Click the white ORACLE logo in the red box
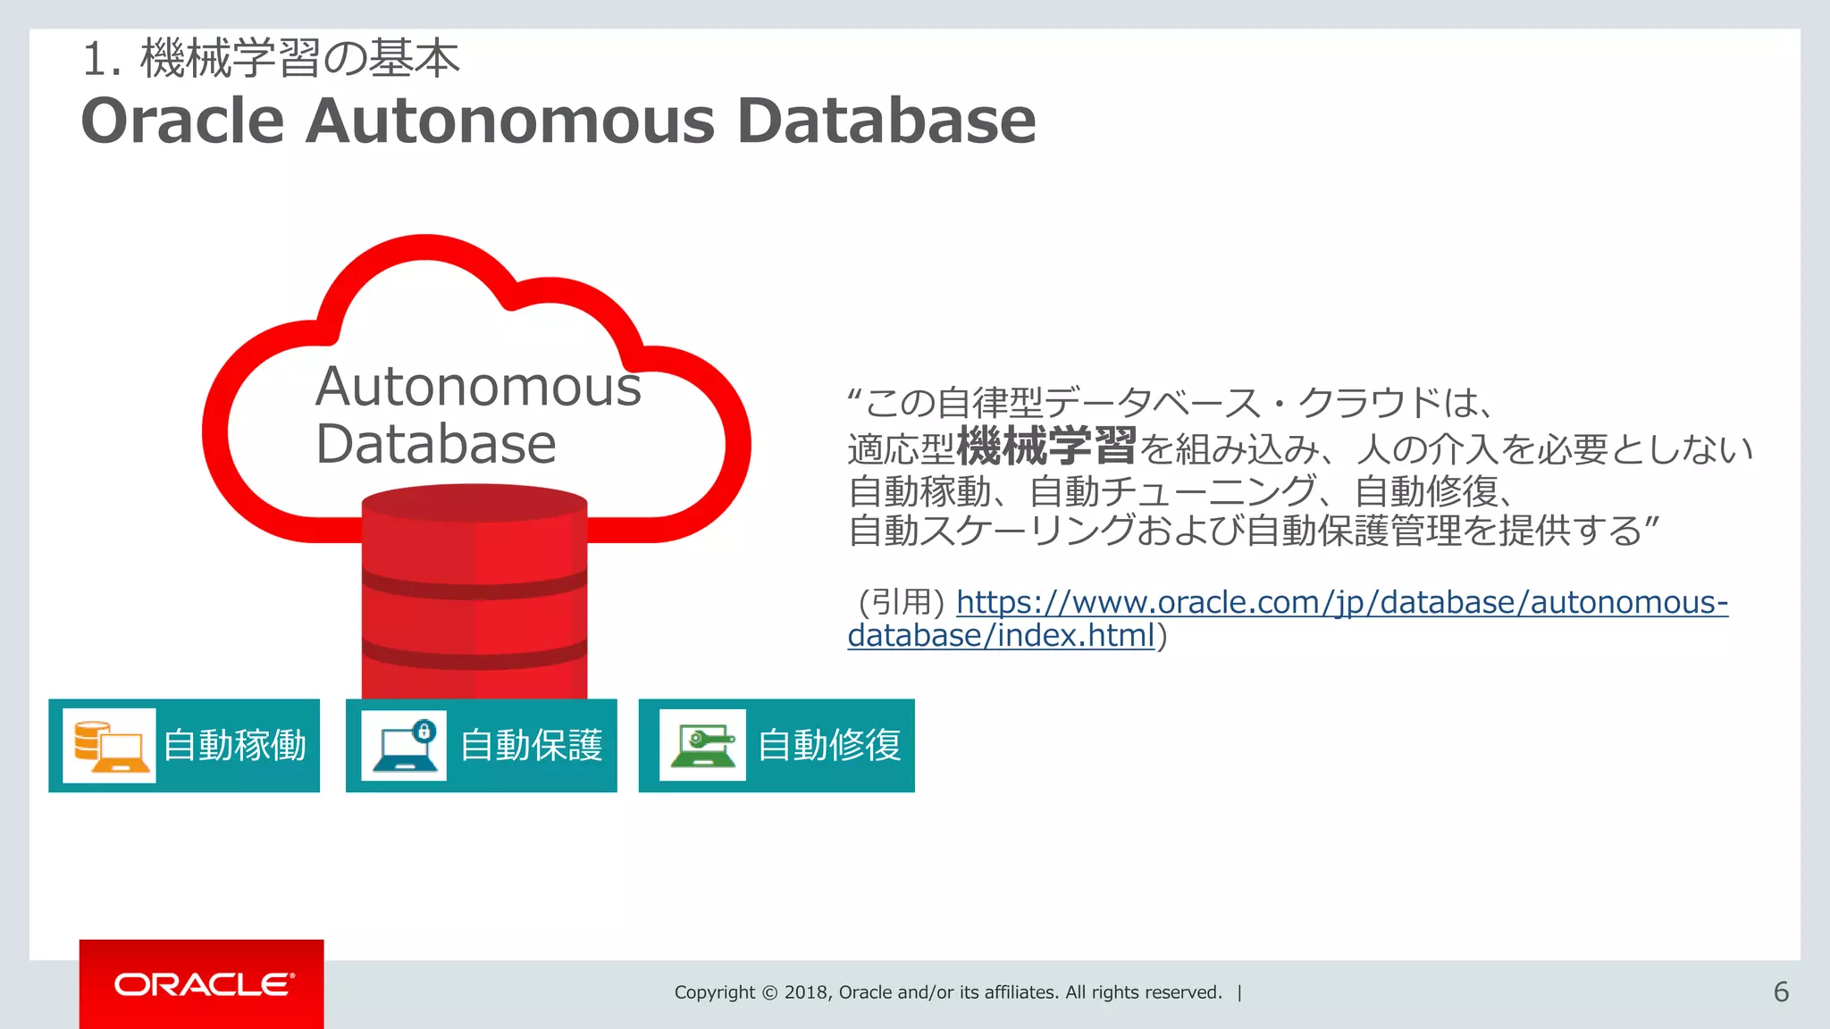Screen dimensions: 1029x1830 pos(204,984)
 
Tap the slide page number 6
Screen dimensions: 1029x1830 pos(1781,991)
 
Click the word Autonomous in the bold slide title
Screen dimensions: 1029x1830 pos(510,121)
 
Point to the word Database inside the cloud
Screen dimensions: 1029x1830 pos(436,444)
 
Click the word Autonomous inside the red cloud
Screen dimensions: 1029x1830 pos(478,387)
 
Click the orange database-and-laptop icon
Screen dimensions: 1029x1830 pos(109,746)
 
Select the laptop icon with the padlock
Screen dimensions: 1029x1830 pos(404,746)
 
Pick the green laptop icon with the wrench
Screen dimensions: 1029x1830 pos(702,746)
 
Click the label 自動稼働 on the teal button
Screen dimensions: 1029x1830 pos(235,746)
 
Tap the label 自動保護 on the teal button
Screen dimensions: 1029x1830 pos(532,746)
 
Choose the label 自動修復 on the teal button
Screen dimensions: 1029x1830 pos(829,746)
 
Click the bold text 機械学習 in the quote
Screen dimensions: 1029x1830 pos(1046,447)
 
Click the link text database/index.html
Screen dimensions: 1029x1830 pos(1001,635)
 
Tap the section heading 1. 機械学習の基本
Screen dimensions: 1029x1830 pos(271,59)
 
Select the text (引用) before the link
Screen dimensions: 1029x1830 pos(901,602)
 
